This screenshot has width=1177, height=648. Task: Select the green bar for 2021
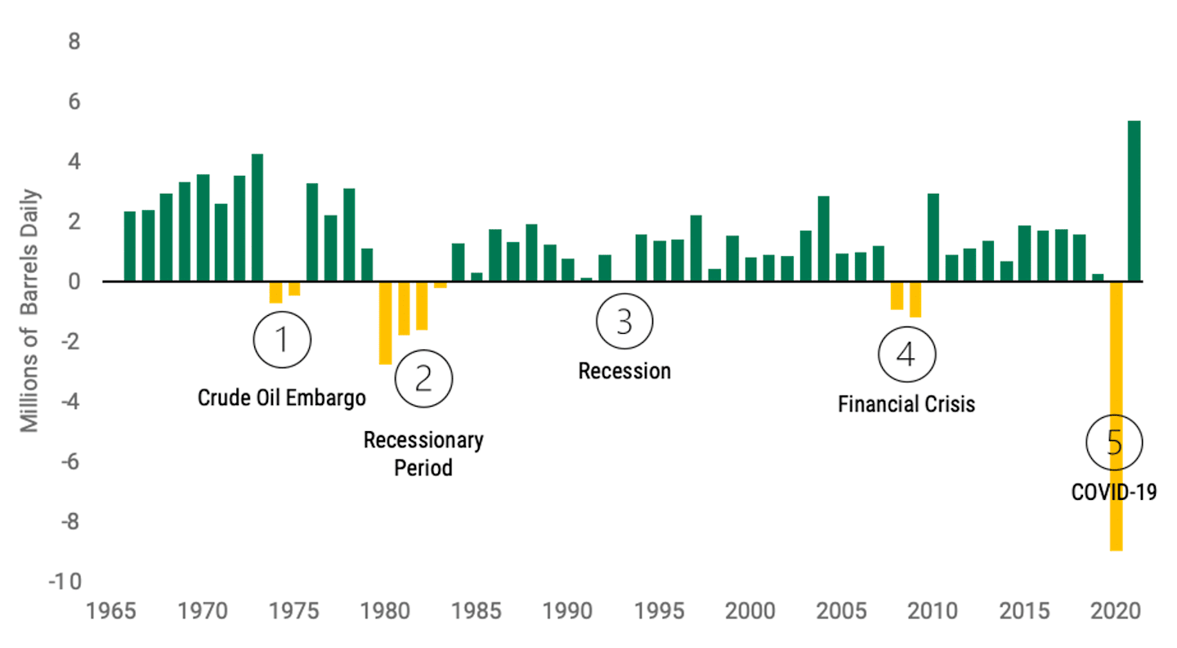pyautogui.click(x=1134, y=201)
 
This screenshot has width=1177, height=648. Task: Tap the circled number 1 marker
pyautogui.click(x=282, y=339)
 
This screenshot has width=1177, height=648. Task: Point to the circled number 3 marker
pyautogui.click(x=624, y=322)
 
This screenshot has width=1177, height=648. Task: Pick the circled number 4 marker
pyautogui.click(x=906, y=354)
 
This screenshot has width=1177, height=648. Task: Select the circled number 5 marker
pyautogui.click(x=1114, y=443)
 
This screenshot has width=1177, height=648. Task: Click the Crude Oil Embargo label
pyautogui.click(x=282, y=398)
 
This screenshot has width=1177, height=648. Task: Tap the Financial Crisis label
pyautogui.click(x=906, y=404)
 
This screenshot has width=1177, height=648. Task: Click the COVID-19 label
pyautogui.click(x=1114, y=493)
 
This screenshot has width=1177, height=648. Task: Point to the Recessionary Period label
pyautogui.click(x=423, y=454)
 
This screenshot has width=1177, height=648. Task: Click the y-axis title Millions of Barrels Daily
pyautogui.click(x=29, y=311)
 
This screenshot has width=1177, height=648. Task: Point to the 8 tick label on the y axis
pyautogui.click(x=74, y=42)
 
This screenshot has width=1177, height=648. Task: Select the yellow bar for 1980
pyautogui.click(x=385, y=323)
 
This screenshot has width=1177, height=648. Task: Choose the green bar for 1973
pyautogui.click(x=257, y=218)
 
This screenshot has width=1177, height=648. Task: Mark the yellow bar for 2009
pyautogui.click(x=915, y=299)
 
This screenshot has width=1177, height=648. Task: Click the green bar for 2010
pyautogui.click(x=933, y=237)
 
